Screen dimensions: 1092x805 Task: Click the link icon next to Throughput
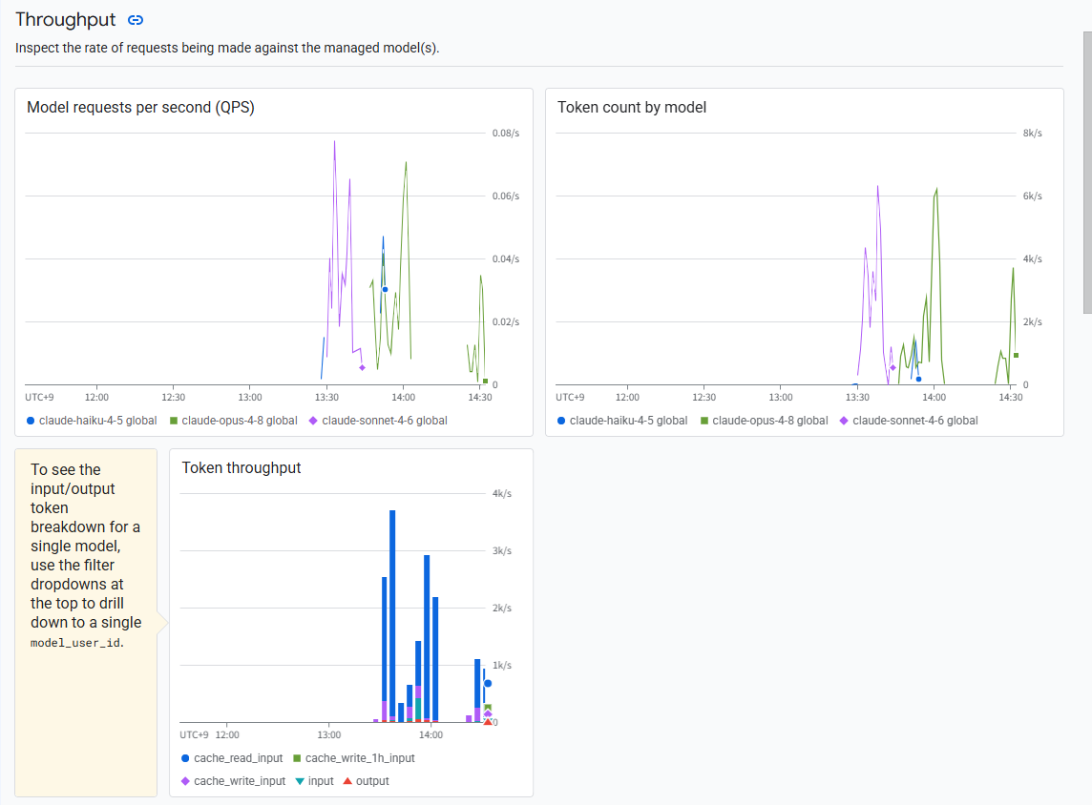pyautogui.click(x=136, y=20)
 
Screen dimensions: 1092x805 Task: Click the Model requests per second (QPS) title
pyautogui.click(x=140, y=107)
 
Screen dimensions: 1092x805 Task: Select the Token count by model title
pyautogui.click(x=632, y=107)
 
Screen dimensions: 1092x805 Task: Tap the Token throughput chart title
pyautogui.click(x=241, y=467)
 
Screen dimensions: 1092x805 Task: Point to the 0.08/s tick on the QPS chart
pyautogui.click(x=506, y=133)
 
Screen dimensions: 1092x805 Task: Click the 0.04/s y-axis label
pyautogui.click(x=506, y=258)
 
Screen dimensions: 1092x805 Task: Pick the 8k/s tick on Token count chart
pyautogui.click(x=1032, y=133)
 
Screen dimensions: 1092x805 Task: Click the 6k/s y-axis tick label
pyautogui.click(x=1032, y=196)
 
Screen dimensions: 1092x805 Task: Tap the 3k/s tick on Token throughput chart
pyautogui.click(x=501, y=551)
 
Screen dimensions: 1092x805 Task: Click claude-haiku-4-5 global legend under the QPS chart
pyautogui.click(x=92, y=421)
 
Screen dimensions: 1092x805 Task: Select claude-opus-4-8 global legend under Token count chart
pyautogui.click(x=764, y=421)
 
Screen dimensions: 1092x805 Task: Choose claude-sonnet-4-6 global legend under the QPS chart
pyautogui.click(x=378, y=421)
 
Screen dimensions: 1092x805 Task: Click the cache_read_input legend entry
pyautogui.click(x=232, y=758)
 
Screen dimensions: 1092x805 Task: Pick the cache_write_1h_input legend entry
pyautogui.click(x=354, y=758)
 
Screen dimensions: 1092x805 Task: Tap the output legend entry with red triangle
pyautogui.click(x=367, y=781)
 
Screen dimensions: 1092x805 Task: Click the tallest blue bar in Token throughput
pyautogui.click(x=392, y=616)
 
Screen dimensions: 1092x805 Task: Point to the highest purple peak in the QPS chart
pyautogui.click(x=334, y=142)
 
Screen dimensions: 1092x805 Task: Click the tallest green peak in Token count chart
pyautogui.click(x=936, y=189)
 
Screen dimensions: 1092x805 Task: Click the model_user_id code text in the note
pyautogui.click(x=76, y=643)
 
